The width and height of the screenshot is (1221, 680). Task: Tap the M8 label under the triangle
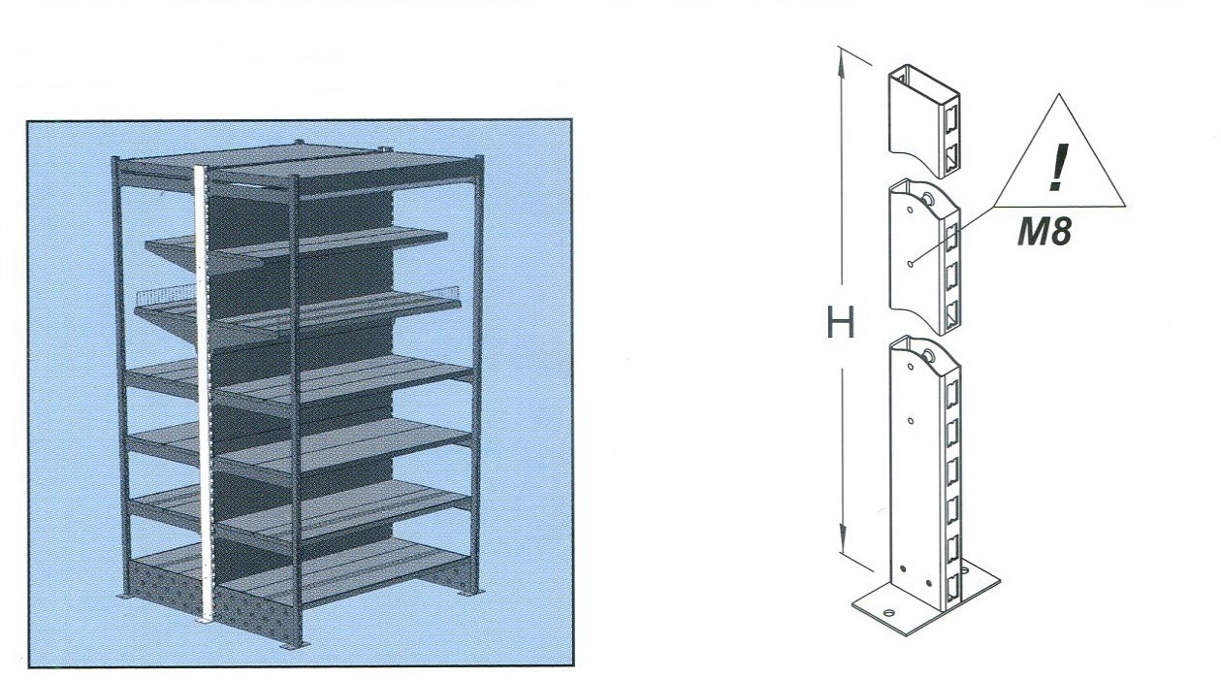pos(1044,231)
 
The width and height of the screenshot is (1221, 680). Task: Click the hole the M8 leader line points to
pos(911,264)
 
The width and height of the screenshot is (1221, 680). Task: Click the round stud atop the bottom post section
pos(927,357)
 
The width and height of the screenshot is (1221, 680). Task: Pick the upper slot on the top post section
pos(951,122)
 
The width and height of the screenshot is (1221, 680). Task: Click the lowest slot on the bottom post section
pos(951,587)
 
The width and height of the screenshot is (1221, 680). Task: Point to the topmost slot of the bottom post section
pos(951,394)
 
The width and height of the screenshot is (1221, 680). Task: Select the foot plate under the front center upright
pos(295,647)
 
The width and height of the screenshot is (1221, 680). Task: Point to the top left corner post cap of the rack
pos(115,159)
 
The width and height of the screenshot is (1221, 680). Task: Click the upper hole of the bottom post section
pos(911,367)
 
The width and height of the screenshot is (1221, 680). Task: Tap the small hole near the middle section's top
pos(910,210)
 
